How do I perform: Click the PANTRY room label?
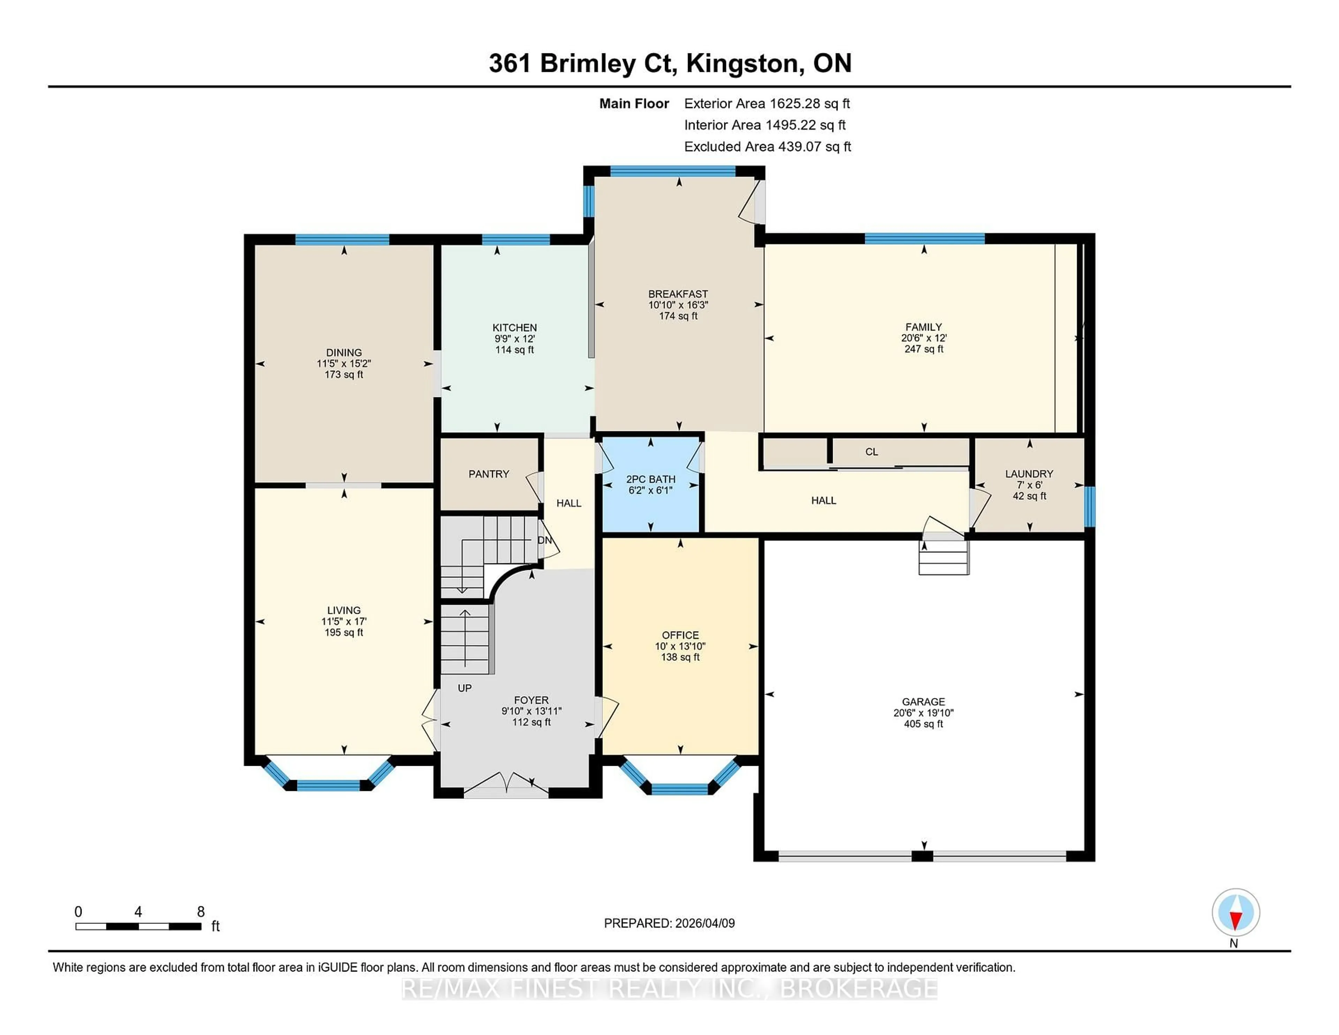click(x=489, y=474)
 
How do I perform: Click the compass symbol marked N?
click(x=1235, y=913)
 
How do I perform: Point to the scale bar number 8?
click(x=201, y=912)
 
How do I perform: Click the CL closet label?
click(x=871, y=452)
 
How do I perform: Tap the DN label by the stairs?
click(x=544, y=540)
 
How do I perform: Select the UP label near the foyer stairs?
click(x=465, y=688)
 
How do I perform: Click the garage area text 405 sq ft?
click(x=923, y=724)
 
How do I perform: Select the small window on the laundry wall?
click(x=1089, y=506)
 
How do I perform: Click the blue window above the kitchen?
click(x=516, y=240)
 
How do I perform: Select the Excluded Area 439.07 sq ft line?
click(x=767, y=146)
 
